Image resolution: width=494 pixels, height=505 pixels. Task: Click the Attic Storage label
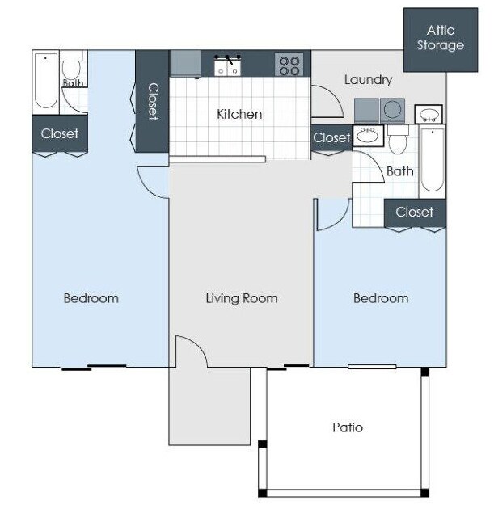(441, 38)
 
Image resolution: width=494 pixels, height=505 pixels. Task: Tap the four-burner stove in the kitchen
(289, 64)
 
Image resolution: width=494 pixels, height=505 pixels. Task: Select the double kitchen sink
(228, 65)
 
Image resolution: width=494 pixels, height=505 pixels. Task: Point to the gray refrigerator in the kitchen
(185, 63)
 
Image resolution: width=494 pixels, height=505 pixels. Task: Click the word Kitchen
(239, 114)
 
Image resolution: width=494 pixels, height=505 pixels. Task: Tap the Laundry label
(368, 80)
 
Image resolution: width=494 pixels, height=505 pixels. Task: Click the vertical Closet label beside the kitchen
(152, 101)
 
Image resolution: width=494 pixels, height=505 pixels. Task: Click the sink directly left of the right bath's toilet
(369, 135)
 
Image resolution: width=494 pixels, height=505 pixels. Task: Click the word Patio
(348, 427)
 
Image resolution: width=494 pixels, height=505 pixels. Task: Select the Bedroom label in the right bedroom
(380, 298)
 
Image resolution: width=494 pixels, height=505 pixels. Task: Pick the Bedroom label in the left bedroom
(91, 298)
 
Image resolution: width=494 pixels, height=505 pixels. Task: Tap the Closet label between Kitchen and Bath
(331, 137)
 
